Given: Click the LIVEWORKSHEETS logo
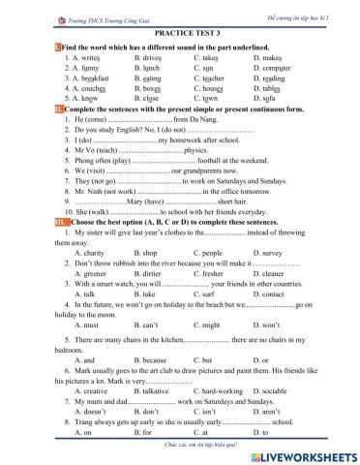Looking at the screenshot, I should tap(302, 453).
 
